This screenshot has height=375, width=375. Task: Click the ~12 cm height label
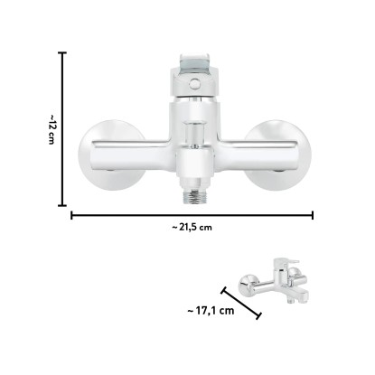51,129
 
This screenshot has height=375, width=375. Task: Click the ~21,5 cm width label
192,227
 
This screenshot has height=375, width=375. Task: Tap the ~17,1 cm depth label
211,311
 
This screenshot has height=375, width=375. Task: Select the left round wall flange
112,155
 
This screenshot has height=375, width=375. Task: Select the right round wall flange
277,155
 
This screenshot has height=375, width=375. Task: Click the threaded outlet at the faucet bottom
194,195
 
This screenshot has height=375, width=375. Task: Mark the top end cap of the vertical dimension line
62,52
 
